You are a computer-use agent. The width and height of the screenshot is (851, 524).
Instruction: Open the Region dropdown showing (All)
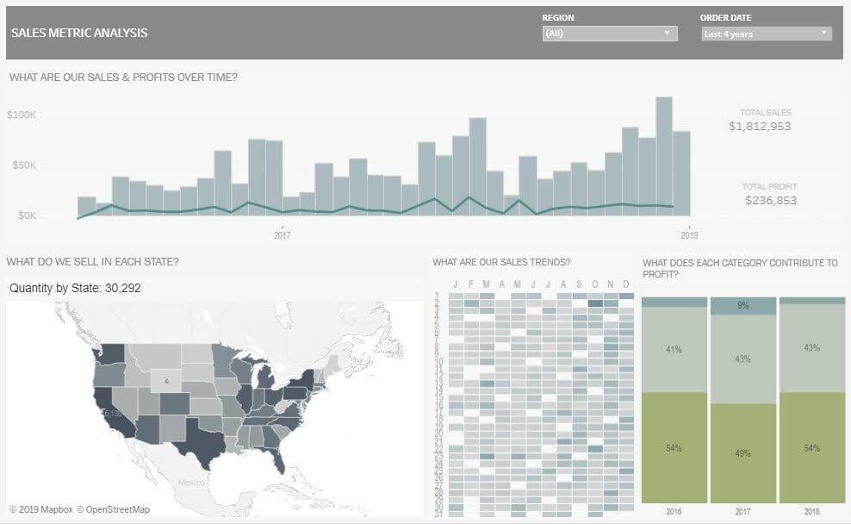coord(610,34)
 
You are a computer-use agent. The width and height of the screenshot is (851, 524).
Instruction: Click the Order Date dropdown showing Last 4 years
coord(766,34)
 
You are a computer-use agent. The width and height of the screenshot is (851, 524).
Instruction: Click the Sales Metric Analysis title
coord(79,34)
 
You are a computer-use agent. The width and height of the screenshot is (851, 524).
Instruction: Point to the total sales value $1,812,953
coord(759,127)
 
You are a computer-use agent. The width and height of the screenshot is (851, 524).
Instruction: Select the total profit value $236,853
coord(770,201)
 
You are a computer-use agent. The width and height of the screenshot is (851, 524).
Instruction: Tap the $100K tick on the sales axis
coord(21,115)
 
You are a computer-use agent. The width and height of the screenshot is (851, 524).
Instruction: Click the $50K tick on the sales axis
coord(23,165)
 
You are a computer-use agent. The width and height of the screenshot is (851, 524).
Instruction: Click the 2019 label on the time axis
coord(689,234)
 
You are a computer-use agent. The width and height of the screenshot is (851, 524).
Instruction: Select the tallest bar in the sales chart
coord(663,155)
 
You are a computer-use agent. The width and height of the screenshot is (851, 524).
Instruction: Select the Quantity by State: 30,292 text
coord(75,289)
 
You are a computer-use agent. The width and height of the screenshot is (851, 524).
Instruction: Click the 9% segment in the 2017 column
coord(742,306)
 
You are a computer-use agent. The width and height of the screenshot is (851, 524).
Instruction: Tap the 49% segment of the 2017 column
coord(742,453)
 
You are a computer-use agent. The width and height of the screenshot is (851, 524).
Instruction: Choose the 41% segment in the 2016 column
coord(674,350)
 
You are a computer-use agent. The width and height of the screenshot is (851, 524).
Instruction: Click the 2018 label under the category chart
coord(811,512)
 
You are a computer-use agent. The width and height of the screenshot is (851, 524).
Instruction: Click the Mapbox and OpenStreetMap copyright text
coord(79,509)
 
